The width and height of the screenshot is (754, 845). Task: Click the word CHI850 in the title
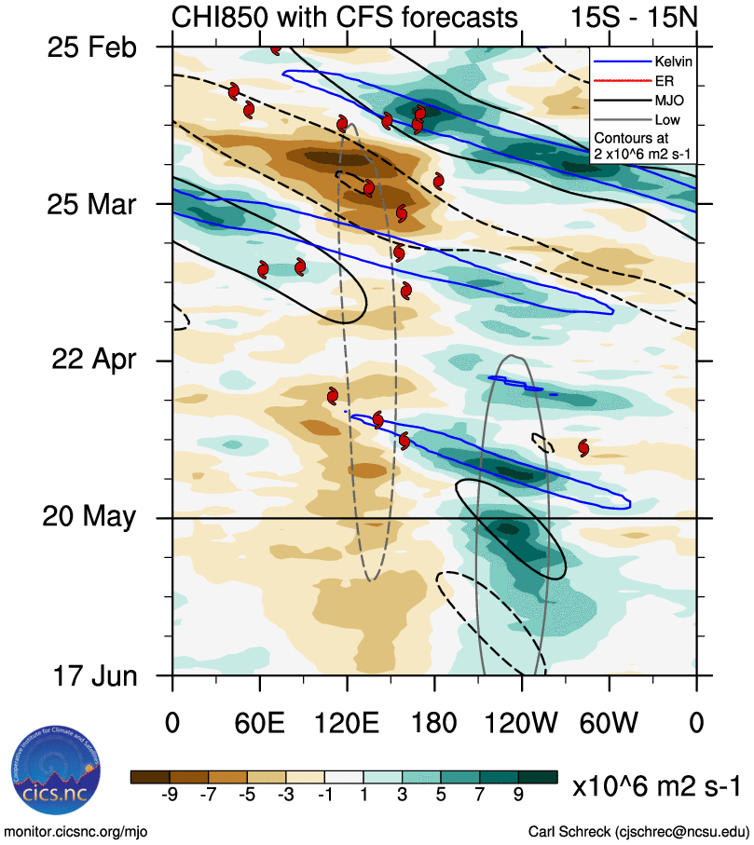(218, 17)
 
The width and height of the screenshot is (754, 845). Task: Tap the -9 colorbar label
(170, 794)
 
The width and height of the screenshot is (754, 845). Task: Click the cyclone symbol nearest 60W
(583, 447)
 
